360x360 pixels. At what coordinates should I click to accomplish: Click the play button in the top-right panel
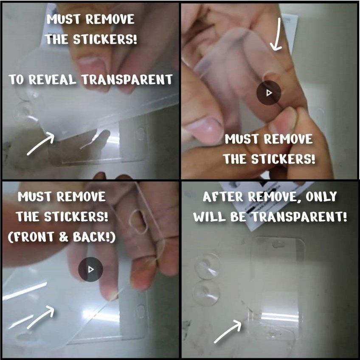click(269, 93)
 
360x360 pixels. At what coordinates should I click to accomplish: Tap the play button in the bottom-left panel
click(90, 269)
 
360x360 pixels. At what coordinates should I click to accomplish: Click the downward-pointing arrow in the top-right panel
click(277, 34)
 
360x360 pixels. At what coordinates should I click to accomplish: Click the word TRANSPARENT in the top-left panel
click(127, 80)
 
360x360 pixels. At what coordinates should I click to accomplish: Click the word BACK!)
click(94, 237)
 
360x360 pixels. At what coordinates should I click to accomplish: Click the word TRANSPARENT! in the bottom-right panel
click(299, 217)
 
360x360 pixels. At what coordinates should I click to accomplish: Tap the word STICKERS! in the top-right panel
click(283, 159)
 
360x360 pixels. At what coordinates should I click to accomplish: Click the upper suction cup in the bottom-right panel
click(207, 266)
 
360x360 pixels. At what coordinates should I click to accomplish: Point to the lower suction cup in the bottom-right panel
click(207, 293)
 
